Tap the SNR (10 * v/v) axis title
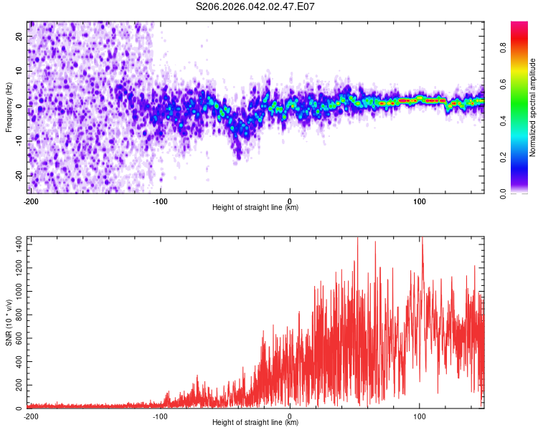tap(9, 323)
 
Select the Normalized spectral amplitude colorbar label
tap(533, 107)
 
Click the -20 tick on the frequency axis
tap(18, 176)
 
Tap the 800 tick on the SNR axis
tap(18, 315)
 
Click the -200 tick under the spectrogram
tap(30, 201)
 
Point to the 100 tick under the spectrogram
tap(420, 201)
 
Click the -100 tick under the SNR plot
tap(159, 416)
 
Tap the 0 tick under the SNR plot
tap(290, 416)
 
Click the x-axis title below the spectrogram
tap(255, 208)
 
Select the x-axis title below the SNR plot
tap(255, 423)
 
